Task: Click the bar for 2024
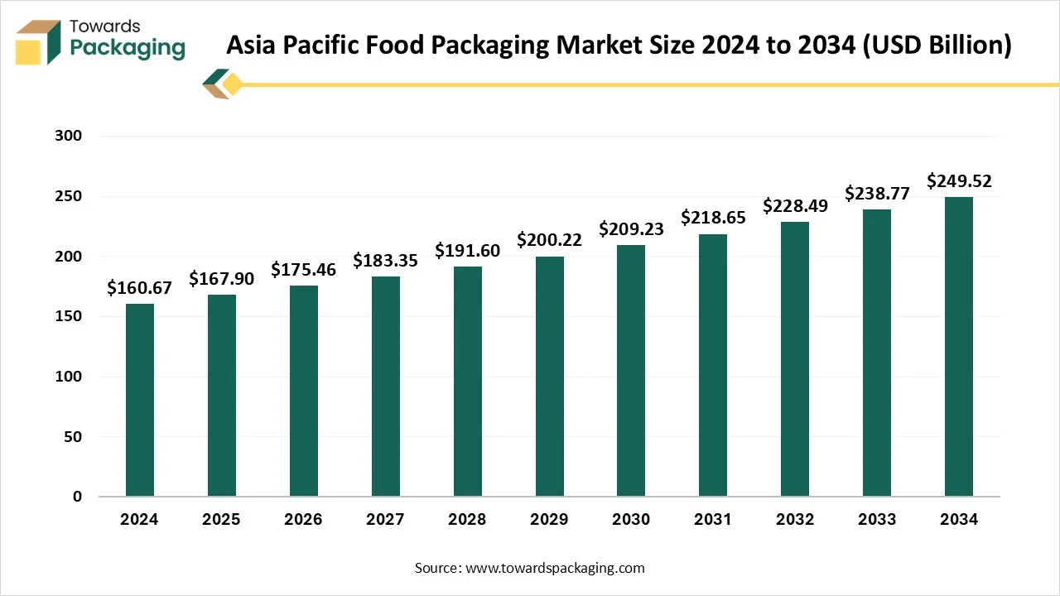coord(139,401)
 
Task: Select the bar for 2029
coord(549,377)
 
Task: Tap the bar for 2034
coord(959,347)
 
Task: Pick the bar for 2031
coord(713,365)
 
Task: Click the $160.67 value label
coord(139,288)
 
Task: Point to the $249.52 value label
coord(959,180)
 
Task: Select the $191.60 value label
coord(467,251)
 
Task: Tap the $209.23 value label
coord(631,229)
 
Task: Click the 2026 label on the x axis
coord(303,520)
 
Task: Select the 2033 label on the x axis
coord(877,520)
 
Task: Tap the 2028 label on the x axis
coord(467,520)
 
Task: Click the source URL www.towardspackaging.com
coord(554,568)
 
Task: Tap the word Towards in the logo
coord(105,26)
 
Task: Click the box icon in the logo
coord(38,42)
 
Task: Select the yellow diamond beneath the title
coord(233,84)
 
